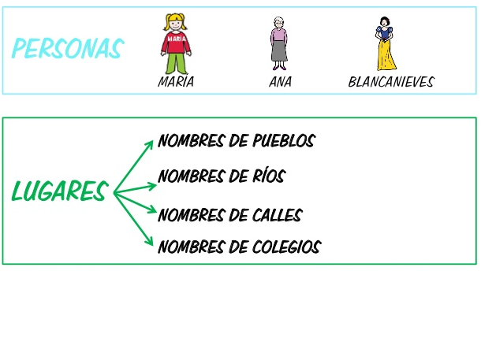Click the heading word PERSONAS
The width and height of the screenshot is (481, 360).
(68, 49)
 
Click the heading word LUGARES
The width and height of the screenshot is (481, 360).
(59, 191)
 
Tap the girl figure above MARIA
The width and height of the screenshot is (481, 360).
(176, 44)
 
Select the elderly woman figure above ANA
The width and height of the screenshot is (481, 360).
(279, 46)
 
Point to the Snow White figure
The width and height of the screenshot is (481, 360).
(385, 44)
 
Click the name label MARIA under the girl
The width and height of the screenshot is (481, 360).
(176, 82)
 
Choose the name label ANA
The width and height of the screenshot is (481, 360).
(280, 82)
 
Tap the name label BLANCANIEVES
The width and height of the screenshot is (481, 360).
(391, 82)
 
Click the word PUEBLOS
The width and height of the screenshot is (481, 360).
(284, 141)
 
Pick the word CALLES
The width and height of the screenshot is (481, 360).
(277, 215)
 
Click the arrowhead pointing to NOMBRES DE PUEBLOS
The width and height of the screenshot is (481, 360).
(150, 143)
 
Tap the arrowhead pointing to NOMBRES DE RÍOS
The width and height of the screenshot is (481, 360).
(151, 185)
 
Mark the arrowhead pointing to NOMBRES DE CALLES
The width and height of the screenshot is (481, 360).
(151, 210)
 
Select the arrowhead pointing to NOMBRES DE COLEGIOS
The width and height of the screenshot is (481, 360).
(150, 242)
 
